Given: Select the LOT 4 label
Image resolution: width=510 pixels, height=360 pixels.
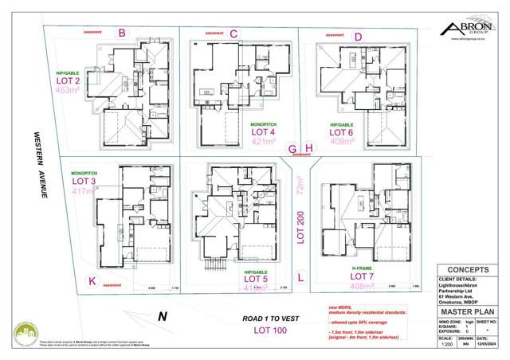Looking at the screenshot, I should [262, 133].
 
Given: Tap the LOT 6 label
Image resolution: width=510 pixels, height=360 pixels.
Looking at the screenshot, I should [343, 132].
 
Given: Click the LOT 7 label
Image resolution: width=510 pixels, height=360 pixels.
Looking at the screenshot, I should [363, 276].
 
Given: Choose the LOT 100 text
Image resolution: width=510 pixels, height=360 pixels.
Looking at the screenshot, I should [270, 330].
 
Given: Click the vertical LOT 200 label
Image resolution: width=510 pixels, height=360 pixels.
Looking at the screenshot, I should [301, 228].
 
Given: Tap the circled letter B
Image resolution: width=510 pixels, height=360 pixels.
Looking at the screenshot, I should [122, 33].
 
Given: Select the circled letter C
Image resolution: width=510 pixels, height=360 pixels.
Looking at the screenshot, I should [233, 33].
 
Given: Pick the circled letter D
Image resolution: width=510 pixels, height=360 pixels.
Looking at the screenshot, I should [358, 37].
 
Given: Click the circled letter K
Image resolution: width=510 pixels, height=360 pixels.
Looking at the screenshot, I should [92, 280].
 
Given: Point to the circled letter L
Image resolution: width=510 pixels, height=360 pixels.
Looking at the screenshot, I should [300, 278].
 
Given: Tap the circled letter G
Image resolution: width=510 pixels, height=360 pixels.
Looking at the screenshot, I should [292, 148].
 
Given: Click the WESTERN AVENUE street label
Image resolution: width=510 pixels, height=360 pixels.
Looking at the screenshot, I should [37, 167].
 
